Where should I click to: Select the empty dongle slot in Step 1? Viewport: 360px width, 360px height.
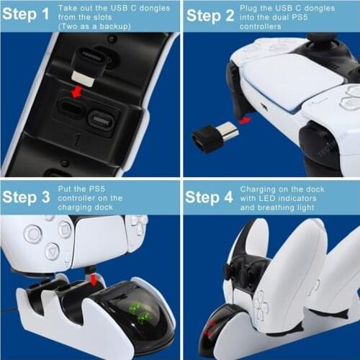[66, 115]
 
